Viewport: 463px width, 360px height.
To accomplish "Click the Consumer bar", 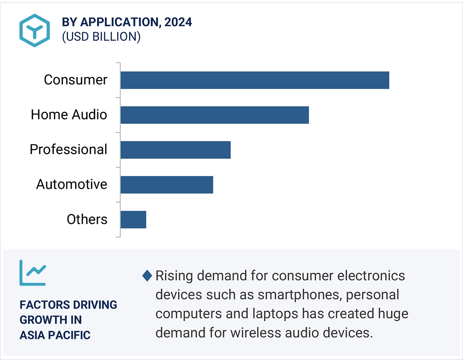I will pos(254,80).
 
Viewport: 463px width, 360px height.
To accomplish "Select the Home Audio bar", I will pos(214,115).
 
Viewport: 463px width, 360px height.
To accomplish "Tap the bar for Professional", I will pos(175,150).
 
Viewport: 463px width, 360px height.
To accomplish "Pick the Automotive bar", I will pos(167,185).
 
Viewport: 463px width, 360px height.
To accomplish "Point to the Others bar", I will pos(133,219).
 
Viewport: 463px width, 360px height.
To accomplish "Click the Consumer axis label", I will pos(75,80).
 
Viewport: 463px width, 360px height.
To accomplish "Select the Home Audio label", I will pos(69,115).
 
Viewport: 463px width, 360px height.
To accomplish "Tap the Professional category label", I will pos(68,150).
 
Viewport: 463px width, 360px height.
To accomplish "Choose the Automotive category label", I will pos(72,185).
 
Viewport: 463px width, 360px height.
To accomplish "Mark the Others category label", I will pos(87,219).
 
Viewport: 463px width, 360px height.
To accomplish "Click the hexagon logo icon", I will pos(34,30).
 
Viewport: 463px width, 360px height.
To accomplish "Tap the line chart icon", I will pos(33,272).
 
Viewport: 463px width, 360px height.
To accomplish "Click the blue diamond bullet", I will pos(147,276).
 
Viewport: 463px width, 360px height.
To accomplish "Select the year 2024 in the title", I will pos(178,22).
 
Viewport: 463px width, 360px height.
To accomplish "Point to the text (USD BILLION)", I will pos(101,37).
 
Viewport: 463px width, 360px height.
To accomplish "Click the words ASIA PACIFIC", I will pos(55,335).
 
